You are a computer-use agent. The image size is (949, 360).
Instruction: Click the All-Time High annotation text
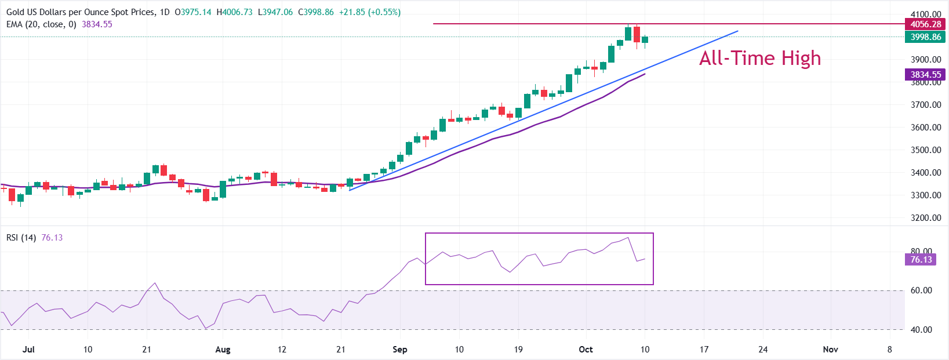tap(759, 58)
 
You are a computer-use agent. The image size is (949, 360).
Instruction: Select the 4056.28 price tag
tap(925, 24)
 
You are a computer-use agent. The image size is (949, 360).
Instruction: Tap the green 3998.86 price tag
tap(925, 37)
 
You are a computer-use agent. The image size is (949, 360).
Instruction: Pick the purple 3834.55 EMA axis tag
tap(925, 75)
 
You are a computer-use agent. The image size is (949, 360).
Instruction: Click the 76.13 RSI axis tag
tap(921, 260)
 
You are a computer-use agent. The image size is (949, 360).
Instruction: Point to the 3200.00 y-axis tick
tap(925, 218)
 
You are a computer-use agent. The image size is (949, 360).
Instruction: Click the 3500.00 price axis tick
tap(925, 150)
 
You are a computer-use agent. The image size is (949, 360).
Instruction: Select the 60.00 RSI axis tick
tap(921, 290)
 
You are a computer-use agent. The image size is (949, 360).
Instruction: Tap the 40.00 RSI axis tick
tap(921, 330)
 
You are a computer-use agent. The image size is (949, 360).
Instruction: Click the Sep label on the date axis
tap(399, 350)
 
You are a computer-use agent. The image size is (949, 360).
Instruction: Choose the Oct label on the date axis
tap(586, 350)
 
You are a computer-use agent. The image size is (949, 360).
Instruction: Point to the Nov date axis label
tap(830, 350)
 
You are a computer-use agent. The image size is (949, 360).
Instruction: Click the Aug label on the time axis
tap(223, 350)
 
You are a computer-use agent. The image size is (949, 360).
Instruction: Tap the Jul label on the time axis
tap(28, 350)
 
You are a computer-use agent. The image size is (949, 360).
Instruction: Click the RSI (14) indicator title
tap(21, 238)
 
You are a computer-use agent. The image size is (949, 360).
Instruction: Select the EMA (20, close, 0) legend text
tap(41, 24)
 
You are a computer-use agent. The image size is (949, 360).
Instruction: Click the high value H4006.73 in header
tap(234, 12)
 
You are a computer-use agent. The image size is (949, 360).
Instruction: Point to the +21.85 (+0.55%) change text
tap(369, 12)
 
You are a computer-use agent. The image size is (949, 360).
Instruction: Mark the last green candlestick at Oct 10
tap(645, 39)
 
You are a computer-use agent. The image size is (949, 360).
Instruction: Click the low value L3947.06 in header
tap(275, 12)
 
